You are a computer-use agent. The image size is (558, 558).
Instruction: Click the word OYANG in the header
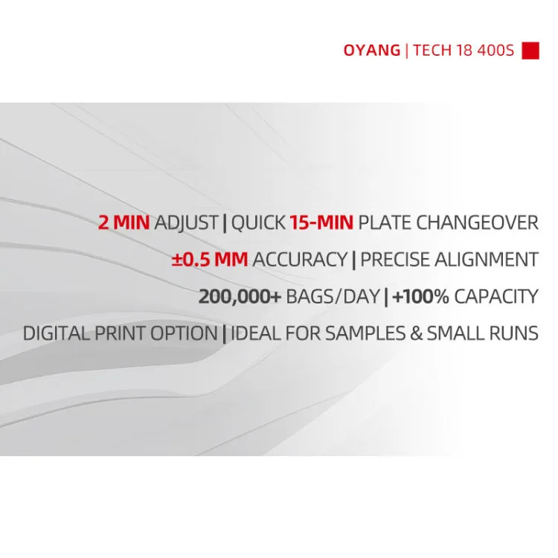(372, 50)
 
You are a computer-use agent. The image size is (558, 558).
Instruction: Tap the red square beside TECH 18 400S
(530, 51)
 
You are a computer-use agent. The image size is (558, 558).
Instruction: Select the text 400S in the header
(496, 50)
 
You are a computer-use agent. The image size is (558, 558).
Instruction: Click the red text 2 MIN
(124, 222)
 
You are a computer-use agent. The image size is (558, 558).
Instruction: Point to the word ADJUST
(186, 223)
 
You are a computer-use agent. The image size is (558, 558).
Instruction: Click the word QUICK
(258, 222)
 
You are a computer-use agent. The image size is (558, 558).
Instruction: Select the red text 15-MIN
(321, 222)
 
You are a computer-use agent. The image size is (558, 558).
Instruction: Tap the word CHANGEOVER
(477, 222)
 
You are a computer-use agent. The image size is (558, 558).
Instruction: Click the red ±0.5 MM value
(210, 259)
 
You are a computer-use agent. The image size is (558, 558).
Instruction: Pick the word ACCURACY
(300, 259)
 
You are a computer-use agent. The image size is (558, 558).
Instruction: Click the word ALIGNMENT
(487, 259)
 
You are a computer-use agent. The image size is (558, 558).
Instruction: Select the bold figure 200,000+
(240, 296)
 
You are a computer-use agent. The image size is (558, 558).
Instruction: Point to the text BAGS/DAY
(333, 296)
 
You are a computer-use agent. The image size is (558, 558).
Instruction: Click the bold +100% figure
(420, 296)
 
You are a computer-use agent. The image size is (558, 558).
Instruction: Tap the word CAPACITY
(496, 296)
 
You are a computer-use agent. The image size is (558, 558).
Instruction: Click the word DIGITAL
(57, 333)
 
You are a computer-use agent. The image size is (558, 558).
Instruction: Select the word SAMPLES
(365, 333)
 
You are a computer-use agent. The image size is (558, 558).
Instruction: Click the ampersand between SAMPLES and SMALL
(416, 333)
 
